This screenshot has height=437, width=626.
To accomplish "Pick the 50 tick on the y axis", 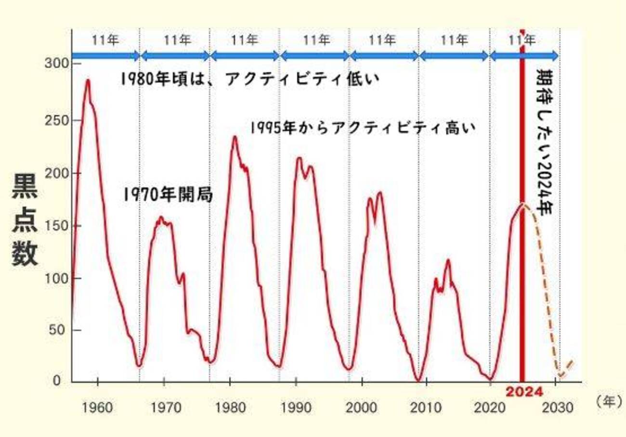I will click(60, 331).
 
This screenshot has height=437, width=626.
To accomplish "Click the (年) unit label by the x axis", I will click(608, 402).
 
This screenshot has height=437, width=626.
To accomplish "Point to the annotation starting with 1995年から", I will click(363, 128).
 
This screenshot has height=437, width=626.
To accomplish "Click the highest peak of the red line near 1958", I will click(88, 80).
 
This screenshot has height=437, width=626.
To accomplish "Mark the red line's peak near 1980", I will click(235, 137).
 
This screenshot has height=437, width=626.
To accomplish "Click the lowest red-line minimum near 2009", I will click(418, 380).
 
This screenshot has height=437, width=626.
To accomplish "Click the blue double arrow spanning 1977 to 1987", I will click(245, 56).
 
